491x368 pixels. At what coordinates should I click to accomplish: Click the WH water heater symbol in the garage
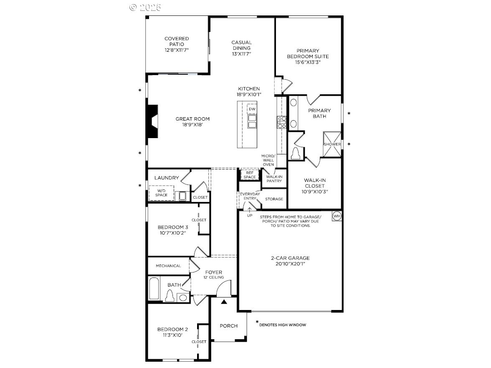pyautogui.click(x=337, y=216)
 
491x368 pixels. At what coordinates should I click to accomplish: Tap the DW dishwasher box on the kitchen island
pyautogui.click(x=251, y=109)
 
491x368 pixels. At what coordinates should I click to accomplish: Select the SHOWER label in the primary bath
pyautogui.click(x=332, y=144)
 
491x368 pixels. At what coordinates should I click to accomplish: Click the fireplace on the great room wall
pyautogui.click(x=152, y=121)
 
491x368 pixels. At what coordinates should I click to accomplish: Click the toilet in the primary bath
pyautogui.click(x=296, y=153)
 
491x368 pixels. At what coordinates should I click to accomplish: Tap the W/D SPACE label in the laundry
pyautogui.click(x=161, y=193)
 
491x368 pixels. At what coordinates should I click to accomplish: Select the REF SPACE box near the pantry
pyautogui.click(x=250, y=175)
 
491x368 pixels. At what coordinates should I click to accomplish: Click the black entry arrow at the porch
pyautogui.click(x=224, y=301)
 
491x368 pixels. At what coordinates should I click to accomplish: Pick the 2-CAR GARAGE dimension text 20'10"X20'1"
pyautogui.click(x=290, y=264)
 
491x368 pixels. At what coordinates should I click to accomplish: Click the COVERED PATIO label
pyautogui.click(x=177, y=44)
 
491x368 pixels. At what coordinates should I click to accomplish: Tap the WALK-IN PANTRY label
pyautogui.click(x=274, y=179)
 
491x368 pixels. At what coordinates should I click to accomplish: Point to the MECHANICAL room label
pyautogui.click(x=168, y=266)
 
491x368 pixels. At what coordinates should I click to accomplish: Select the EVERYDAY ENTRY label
pyautogui.click(x=249, y=196)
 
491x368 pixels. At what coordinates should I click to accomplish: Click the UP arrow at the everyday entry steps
pyautogui.click(x=250, y=211)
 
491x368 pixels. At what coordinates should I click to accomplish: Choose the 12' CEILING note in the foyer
pyautogui.click(x=213, y=277)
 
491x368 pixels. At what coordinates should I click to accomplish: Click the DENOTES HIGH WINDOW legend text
pyautogui.click(x=283, y=325)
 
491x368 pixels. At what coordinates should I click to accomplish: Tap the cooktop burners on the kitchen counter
pyautogui.click(x=281, y=122)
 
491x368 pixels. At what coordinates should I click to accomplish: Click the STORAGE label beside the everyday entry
pyautogui.click(x=274, y=199)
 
